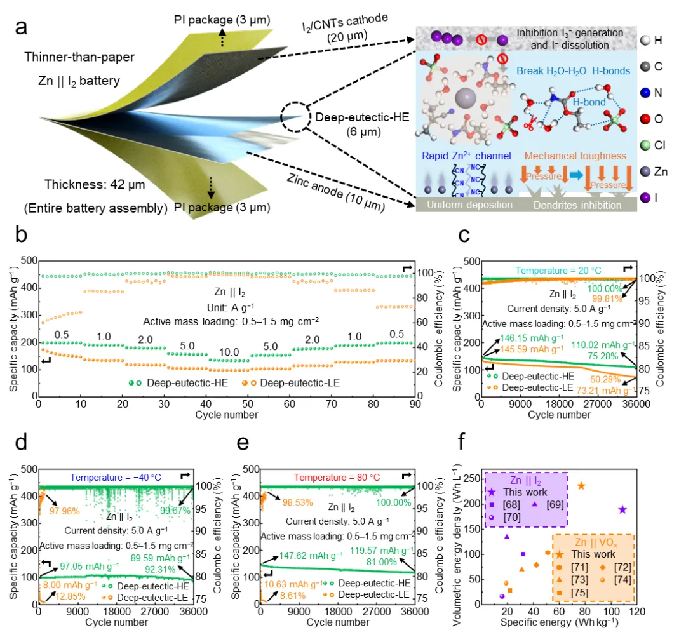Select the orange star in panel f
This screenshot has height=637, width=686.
(x=581, y=486)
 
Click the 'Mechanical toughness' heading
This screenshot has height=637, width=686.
(x=576, y=156)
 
